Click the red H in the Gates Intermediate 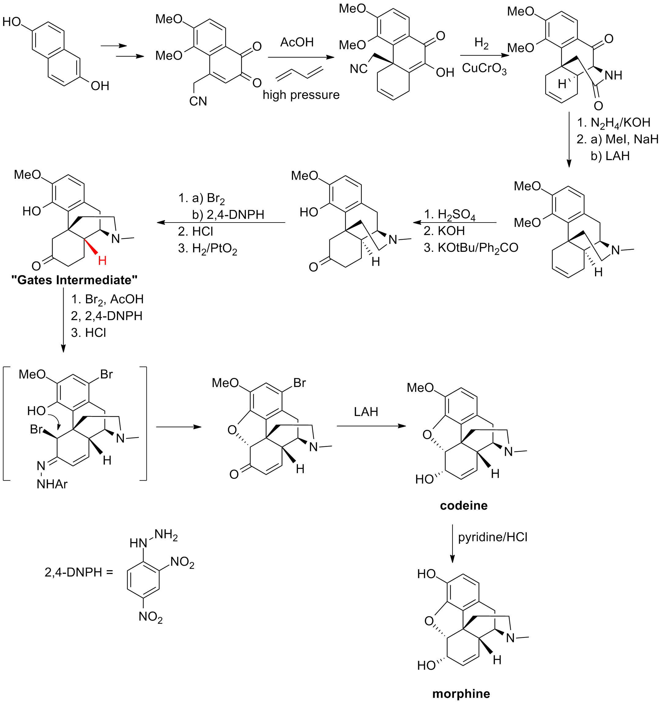click(102, 261)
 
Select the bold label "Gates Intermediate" click(74, 280)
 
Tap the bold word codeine click(463, 505)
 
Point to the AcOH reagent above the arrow click(297, 42)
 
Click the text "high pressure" click(301, 95)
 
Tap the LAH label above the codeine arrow click(366, 411)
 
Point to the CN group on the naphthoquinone click(198, 101)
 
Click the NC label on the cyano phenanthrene click(358, 69)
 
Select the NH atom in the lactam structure click(613, 75)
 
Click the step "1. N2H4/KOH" click(613, 123)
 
